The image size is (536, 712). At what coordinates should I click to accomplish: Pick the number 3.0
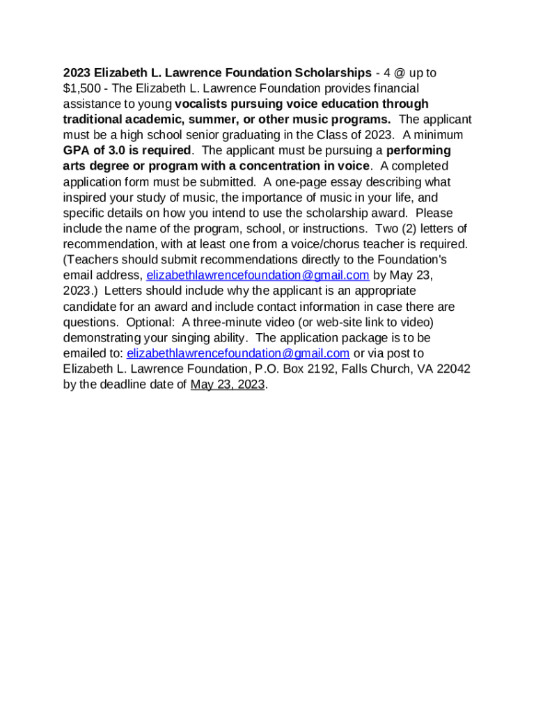[x=107, y=151]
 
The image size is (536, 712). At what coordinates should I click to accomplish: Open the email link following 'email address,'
[x=258, y=275]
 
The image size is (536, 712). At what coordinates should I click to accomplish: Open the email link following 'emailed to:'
[x=238, y=353]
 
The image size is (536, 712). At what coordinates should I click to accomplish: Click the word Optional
[x=150, y=322]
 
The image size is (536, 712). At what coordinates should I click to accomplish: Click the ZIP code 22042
[x=453, y=369]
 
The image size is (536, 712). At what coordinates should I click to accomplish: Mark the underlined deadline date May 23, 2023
[x=228, y=385]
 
